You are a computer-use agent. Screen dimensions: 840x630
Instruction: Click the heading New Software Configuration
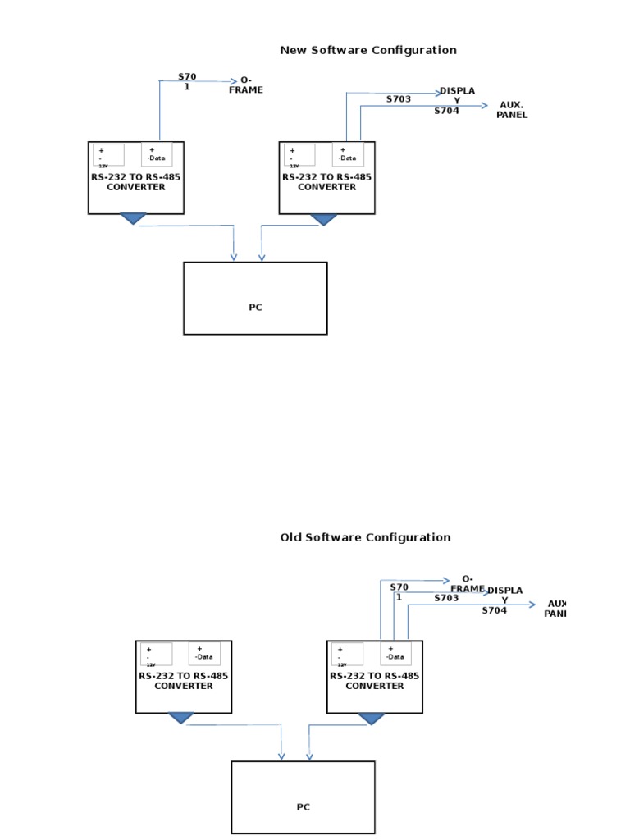[x=367, y=50]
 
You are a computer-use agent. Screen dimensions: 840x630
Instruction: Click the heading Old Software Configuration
[x=365, y=537]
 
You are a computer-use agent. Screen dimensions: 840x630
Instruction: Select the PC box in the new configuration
[x=255, y=299]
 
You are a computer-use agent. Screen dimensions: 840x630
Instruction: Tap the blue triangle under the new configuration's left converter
[x=133, y=218]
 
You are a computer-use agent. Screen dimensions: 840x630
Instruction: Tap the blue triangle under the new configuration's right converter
[x=324, y=219]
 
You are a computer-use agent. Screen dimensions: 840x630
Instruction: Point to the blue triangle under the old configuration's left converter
[x=180, y=718]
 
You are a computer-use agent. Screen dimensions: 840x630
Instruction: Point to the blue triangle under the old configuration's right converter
[x=372, y=719]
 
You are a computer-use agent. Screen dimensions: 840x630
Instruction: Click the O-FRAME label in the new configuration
[x=245, y=85]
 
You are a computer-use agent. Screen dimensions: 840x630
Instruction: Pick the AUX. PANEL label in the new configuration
[x=511, y=110]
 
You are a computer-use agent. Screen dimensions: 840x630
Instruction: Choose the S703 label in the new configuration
[x=399, y=99]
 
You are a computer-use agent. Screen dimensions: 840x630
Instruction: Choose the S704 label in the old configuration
[x=494, y=610]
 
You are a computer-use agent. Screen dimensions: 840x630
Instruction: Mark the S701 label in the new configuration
[x=187, y=81]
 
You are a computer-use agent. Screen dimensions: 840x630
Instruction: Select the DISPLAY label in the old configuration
[x=504, y=595]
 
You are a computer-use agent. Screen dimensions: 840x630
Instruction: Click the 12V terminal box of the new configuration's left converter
[x=109, y=155]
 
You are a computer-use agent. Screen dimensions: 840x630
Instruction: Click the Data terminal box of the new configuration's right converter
[x=347, y=154]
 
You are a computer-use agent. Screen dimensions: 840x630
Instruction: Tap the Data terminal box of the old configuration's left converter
[x=204, y=653]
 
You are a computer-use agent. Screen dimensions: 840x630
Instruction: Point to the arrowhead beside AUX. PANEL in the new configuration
[x=485, y=105]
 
